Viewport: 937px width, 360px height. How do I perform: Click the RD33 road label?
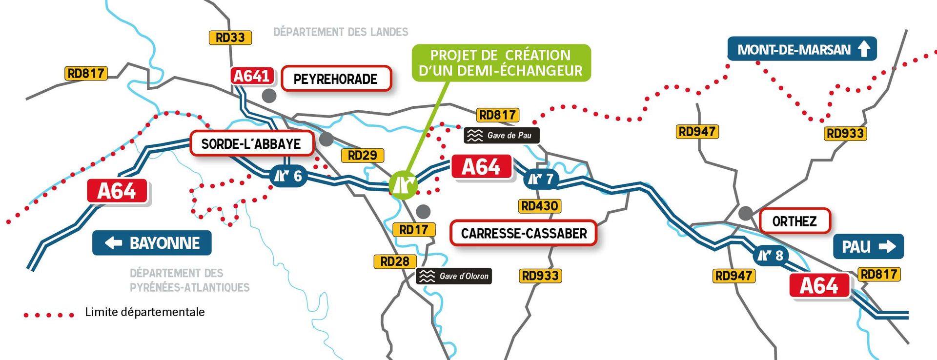pos(230,38)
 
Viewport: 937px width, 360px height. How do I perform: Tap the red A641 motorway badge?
pos(252,76)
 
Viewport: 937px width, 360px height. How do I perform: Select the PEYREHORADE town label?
pos(336,79)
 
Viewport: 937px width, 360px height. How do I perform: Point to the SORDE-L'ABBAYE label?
pos(251,144)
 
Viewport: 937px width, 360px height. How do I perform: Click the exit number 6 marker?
pos(288,176)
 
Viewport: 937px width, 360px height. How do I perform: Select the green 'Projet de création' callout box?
pos(501,63)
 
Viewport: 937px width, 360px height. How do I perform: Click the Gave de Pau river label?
pos(502,136)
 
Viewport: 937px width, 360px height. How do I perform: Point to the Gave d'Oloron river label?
pos(454,276)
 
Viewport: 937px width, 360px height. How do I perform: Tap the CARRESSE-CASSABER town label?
pos(524,234)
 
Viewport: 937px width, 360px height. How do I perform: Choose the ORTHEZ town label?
pos(794,221)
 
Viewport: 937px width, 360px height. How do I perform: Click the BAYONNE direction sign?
pos(152,243)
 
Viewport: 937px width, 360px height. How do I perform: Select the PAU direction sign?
pos(868,247)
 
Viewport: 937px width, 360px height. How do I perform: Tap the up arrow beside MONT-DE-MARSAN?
pos(864,49)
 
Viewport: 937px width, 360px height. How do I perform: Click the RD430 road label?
pos(539,206)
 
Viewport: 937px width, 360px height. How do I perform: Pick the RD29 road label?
pos(362,156)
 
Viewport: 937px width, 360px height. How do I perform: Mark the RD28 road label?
pos(395,261)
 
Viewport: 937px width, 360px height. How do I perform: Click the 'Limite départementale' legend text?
pos(144,312)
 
